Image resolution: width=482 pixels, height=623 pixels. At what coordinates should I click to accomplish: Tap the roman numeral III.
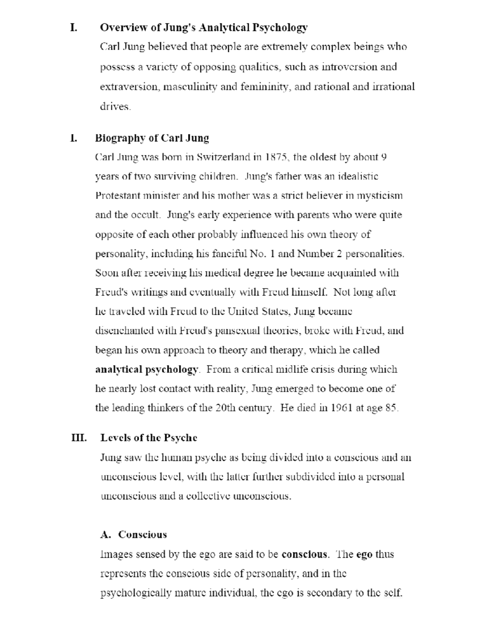click(79, 438)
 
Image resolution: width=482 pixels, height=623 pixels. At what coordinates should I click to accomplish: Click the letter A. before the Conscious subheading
click(106, 535)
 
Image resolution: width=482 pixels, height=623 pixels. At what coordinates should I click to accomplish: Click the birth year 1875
click(276, 157)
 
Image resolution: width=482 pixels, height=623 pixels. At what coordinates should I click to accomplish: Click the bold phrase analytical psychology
click(147, 369)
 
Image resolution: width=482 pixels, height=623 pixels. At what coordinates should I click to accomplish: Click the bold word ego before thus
click(364, 554)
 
